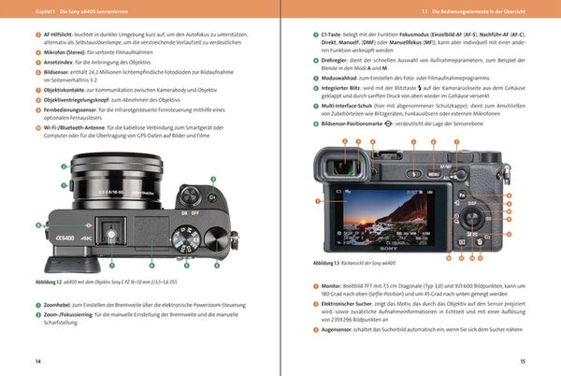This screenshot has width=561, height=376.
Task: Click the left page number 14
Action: coord(37,361)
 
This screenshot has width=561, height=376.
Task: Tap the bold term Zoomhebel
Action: coord(63,305)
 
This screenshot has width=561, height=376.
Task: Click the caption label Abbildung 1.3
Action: coord(328,265)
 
